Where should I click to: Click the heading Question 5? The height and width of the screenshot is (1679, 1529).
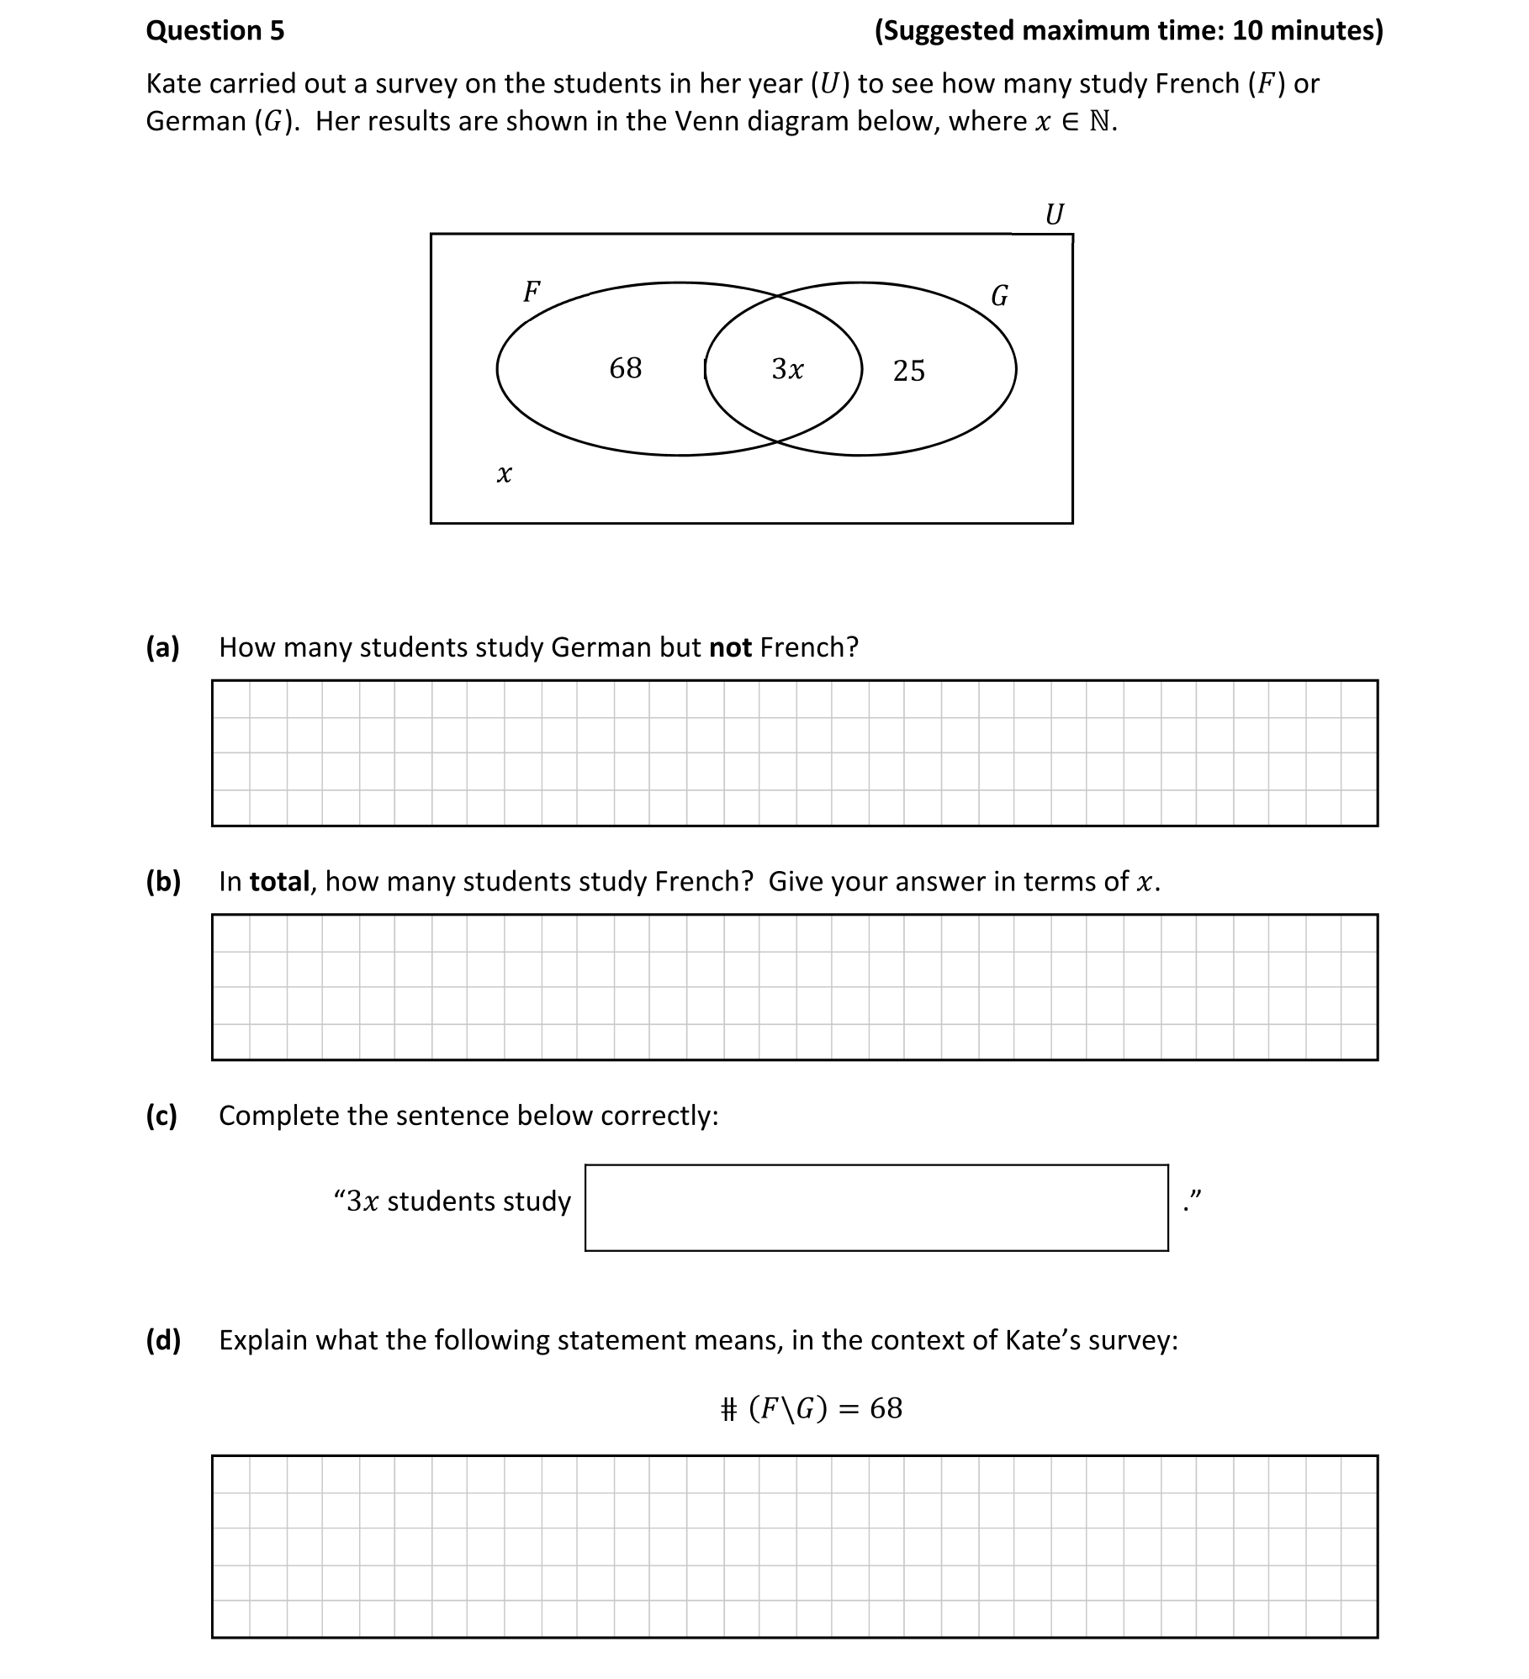[215, 31]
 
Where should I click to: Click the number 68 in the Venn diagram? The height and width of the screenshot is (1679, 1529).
[625, 368]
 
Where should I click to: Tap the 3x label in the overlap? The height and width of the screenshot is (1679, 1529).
[787, 369]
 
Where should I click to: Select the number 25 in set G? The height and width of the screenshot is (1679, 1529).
[908, 371]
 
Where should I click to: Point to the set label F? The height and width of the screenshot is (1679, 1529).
[532, 292]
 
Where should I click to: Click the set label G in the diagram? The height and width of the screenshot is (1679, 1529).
[999, 296]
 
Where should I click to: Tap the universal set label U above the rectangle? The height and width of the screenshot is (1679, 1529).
[1054, 214]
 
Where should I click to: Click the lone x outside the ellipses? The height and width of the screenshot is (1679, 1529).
[504, 474]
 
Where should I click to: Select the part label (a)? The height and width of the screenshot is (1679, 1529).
[163, 647]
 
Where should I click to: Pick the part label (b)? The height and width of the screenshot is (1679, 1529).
[163, 881]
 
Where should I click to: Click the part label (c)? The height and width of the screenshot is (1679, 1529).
[161, 1115]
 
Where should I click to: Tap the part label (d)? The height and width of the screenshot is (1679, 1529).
[163, 1339]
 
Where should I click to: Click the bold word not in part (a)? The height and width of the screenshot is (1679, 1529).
[730, 647]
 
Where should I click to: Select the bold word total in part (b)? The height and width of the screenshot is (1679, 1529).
[279, 881]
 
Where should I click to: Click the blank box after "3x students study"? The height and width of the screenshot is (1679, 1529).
[876, 1207]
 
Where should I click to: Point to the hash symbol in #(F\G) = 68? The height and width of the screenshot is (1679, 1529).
[728, 1408]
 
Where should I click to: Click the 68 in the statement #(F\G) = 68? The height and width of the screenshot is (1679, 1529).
[886, 1408]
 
